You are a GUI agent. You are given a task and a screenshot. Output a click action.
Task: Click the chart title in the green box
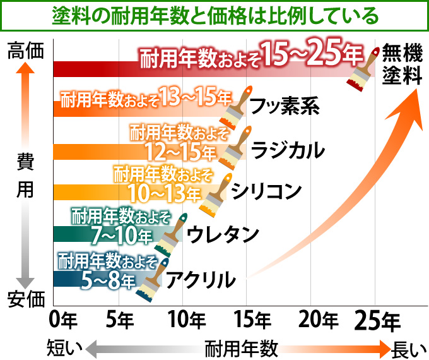214,14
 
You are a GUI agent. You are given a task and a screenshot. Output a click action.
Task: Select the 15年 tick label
254,320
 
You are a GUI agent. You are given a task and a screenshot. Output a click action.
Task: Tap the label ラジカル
288,150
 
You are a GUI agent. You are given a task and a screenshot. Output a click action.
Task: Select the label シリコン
267,191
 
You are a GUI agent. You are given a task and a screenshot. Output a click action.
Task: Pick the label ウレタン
224,234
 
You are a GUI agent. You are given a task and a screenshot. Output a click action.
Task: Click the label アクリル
201,278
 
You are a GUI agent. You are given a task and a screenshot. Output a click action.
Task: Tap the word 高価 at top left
26,51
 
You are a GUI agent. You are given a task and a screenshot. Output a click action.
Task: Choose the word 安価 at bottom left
26,299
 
